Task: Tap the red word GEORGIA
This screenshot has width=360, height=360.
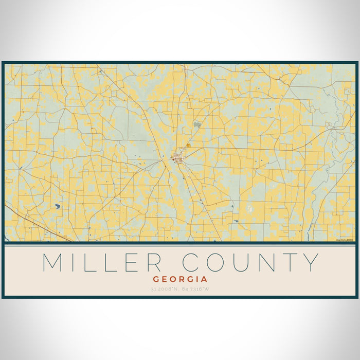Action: click(x=179, y=279)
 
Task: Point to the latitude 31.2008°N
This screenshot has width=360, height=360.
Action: click(x=164, y=289)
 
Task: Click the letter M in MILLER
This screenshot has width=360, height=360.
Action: click(x=54, y=262)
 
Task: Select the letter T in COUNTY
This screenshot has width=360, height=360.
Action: click(x=287, y=262)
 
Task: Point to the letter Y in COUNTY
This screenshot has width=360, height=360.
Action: click(x=310, y=262)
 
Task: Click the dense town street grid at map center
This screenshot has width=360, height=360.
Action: click(x=178, y=155)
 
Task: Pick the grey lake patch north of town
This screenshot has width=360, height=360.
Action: click(x=197, y=124)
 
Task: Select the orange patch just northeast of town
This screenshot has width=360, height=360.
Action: click(x=189, y=146)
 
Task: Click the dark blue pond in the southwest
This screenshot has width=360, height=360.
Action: click(x=57, y=206)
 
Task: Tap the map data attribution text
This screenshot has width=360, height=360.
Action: click(x=345, y=240)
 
